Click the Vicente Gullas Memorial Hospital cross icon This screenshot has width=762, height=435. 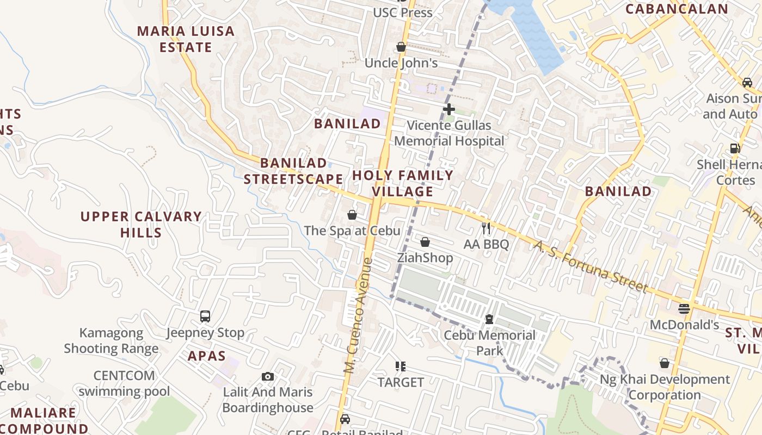(448, 109)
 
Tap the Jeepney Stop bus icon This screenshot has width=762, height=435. (205, 316)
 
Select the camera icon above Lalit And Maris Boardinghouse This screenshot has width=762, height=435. (267, 376)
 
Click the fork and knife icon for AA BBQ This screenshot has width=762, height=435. (486, 228)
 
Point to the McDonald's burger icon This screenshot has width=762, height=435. (684, 309)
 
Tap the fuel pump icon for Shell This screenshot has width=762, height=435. (735, 148)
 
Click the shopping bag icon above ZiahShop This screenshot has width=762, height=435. (425, 241)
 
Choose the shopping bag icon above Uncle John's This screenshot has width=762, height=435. (401, 47)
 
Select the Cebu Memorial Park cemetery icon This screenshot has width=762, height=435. (489, 319)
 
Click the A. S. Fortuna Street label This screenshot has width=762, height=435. (591, 266)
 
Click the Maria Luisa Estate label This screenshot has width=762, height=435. (186, 39)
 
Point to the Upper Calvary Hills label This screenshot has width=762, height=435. (141, 225)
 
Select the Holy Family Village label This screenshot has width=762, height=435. (403, 183)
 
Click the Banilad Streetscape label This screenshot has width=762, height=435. (293, 171)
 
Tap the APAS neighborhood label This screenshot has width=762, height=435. (207, 356)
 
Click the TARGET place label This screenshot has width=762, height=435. (401, 382)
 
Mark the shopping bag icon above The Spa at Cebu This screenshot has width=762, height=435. (352, 215)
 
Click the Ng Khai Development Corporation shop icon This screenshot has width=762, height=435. (664, 363)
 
